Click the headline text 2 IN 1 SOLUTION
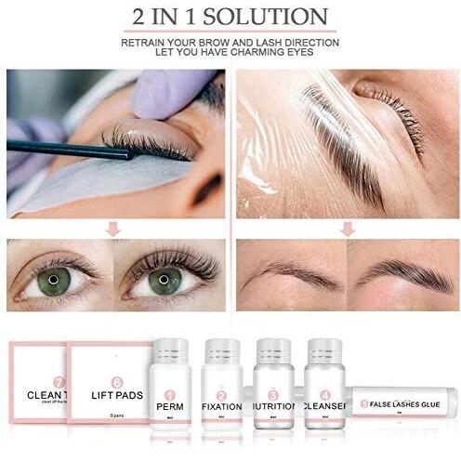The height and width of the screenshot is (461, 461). pyautogui.click(x=230, y=17)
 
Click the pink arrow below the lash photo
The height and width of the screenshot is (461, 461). pyautogui.click(x=114, y=226)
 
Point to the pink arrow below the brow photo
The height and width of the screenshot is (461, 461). pyautogui.click(x=347, y=226)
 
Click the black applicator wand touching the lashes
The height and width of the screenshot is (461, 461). pyautogui.click(x=56, y=147)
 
